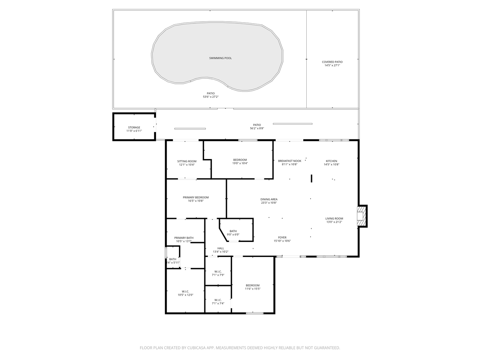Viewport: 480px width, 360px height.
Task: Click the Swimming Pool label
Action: click(220, 58)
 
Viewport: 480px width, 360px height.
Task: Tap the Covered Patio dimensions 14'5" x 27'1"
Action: click(332, 66)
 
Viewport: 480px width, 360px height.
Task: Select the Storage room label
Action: click(134, 127)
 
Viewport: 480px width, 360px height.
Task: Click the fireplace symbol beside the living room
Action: click(361, 216)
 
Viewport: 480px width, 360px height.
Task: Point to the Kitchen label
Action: click(331, 161)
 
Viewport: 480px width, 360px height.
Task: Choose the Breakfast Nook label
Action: click(289, 161)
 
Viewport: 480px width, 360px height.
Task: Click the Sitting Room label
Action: click(187, 161)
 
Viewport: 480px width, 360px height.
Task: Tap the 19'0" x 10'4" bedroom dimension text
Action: click(240, 163)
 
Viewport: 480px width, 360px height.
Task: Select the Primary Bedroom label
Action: click(196, 197)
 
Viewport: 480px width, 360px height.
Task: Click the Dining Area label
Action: click(269, 199)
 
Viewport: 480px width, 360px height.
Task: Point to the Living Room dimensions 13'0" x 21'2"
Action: click(334, 222)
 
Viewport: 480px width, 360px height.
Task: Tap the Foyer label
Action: click(282, 237)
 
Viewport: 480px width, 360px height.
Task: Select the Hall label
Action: click(221, 248)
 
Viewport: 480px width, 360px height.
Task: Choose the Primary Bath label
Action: click(184, 238)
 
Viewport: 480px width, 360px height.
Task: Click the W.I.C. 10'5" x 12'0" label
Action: click(185, 291)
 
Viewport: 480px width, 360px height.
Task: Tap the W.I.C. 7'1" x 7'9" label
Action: click(218, 271)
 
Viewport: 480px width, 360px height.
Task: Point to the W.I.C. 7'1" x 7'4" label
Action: click(218, 300)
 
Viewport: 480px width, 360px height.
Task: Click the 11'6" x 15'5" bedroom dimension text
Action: click(253, 289)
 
